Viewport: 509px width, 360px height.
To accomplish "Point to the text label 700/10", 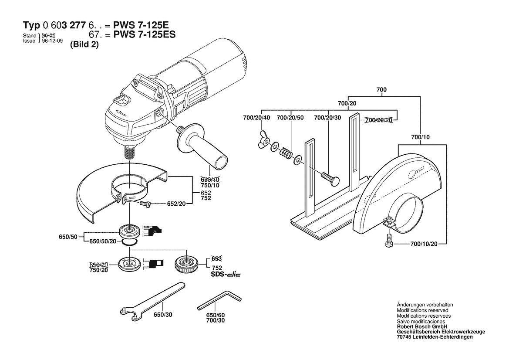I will coord(420,138).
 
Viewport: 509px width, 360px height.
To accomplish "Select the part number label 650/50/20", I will coord(103,241).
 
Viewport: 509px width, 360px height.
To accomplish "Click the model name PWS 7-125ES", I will coord(144,35).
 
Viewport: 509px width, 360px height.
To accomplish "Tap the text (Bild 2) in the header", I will coord(84,45).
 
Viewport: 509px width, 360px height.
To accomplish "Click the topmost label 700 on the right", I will coord(381,89).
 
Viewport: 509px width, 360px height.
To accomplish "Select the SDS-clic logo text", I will coord(226,275).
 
